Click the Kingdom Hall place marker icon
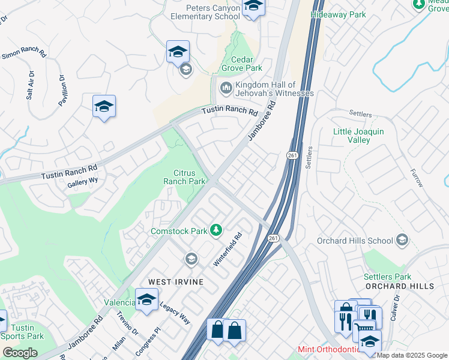[x=226, y=89]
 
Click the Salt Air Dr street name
[x=30, y=85]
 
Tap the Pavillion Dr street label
[x=62, y=87]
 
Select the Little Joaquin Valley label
[x=359, y=136]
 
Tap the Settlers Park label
[x=388, y=277]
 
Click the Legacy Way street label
[x=175, y=312]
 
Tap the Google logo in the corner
[x=20, y=353]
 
